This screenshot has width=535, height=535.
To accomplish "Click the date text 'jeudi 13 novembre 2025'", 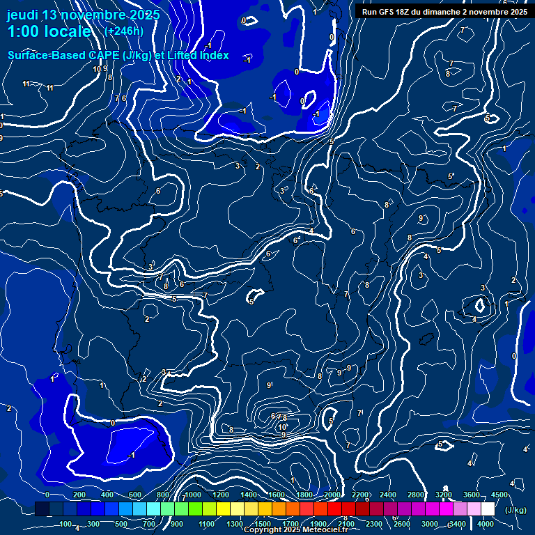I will (83, 15).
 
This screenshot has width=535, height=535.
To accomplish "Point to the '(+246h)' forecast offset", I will (124, 31).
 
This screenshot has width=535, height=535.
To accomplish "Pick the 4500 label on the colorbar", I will (499, 495).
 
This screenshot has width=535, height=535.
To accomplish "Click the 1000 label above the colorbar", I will (192, 495).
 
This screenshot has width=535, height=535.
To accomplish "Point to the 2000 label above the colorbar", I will (332, 495).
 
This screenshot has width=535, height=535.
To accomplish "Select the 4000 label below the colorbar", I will (486, 524).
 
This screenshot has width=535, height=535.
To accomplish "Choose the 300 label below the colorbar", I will (93, 524).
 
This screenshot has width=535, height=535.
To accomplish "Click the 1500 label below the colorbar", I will (263, 524).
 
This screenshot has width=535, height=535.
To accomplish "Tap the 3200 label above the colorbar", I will (443, 495).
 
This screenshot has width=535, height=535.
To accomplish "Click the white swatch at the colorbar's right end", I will (488, 509).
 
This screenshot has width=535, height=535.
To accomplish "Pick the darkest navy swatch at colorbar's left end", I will (42, 509).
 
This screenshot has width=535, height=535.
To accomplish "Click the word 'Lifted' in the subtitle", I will (183, 55).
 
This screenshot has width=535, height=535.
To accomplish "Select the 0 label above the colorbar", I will (47, 495).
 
